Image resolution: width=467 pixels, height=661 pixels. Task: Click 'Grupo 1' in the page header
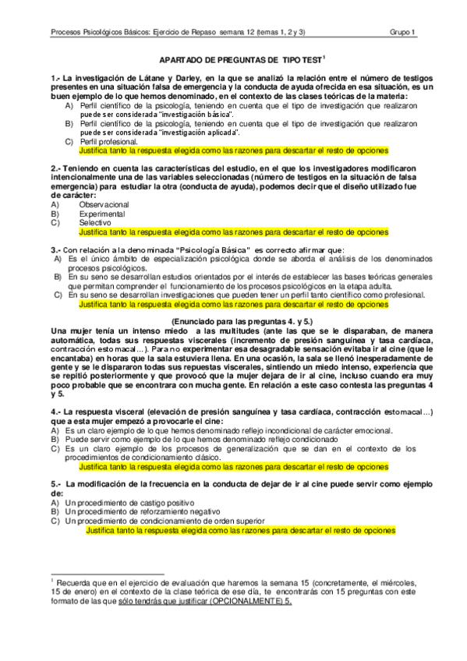(403, 32)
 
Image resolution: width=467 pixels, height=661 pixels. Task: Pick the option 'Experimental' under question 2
(101, 213)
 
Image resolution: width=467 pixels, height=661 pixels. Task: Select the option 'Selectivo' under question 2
(96, 222)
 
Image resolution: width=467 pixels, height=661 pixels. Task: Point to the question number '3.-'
(55, 249)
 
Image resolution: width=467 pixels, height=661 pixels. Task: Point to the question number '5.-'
(55, 485)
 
